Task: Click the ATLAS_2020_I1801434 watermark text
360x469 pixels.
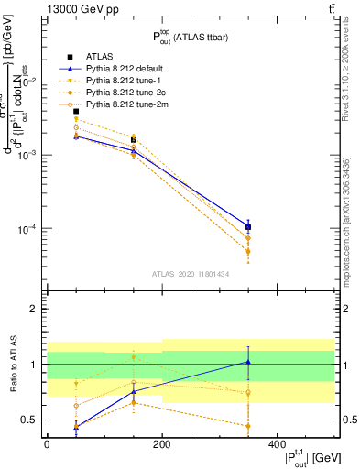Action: tap(190, 274)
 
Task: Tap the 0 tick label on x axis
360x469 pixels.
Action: tap(47, 445)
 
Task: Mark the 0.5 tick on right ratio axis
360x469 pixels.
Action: tap(349, 420)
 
